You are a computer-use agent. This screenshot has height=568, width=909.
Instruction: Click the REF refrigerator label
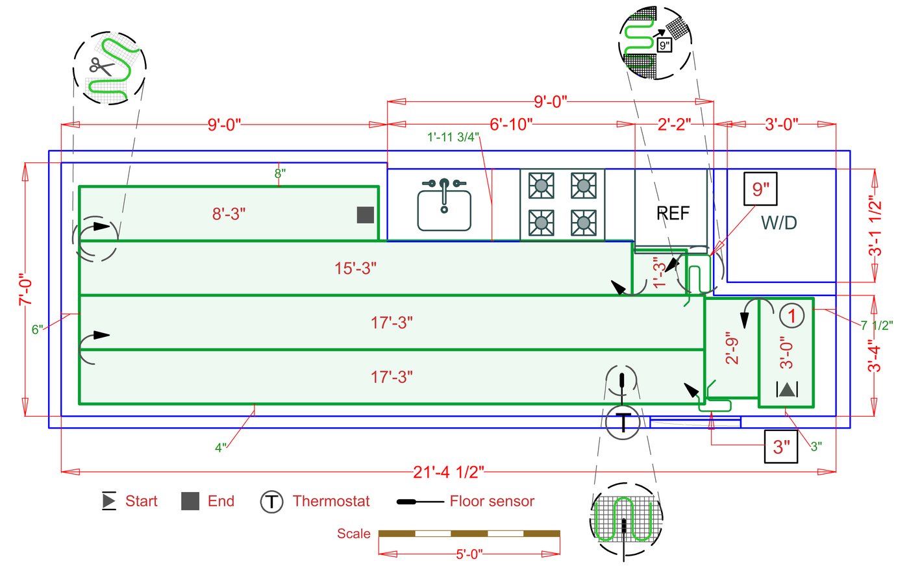click(x=673, y=213)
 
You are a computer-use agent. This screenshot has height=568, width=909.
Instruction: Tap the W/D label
click(x=778, y=223)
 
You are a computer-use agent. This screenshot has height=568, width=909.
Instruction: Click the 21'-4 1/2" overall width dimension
click(x=449, y=472)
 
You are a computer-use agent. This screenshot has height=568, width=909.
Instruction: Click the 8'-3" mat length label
click(x=229, y=214)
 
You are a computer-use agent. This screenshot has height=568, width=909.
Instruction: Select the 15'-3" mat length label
click(x=355, y=268)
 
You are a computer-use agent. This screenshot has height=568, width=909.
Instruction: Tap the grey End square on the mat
click(x=366, y=215)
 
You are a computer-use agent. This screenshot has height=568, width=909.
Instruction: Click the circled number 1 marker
click(x=791, y=316)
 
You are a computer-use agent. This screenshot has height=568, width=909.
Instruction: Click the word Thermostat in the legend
click(x=331, y=501)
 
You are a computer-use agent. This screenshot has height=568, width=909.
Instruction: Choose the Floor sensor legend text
click(x=492, y=501)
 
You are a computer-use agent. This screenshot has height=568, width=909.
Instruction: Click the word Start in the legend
click(x=141, y=501)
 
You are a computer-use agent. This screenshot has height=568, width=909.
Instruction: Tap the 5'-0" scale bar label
click(x=469, y=554)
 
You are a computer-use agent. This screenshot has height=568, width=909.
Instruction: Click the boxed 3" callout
click(x=781, y=447)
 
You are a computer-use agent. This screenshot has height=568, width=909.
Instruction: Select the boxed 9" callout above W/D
click(x=760, y=189)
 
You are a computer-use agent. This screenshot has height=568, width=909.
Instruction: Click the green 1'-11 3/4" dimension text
click(x=453, y=137)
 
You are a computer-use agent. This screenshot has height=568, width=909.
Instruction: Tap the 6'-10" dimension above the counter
click(x=511, y=124)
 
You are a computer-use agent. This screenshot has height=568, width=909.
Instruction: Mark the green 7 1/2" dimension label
click(x=877, y=326)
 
